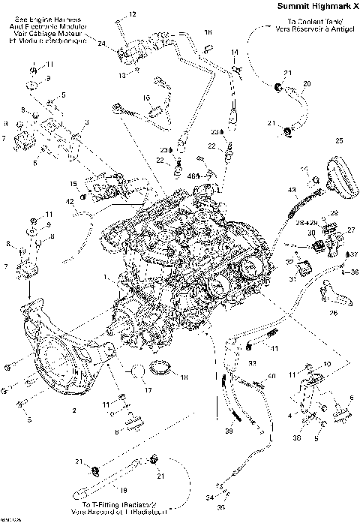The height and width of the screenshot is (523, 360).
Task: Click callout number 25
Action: click(x=339, y=140)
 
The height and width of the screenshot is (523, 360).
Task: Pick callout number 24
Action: click(x=102, y=44)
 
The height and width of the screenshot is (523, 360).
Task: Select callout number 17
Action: click(x=147, y=389)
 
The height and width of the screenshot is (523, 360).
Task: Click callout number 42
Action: click(x=69, y=202)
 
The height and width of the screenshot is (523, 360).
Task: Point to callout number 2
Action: click(x=74, y=411)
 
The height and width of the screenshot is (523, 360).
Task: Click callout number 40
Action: click(x=272, y=374)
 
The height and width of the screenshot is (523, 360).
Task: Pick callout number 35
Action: click(x=220, y=508)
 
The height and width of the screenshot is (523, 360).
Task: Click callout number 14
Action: click(x=235, y=51)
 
